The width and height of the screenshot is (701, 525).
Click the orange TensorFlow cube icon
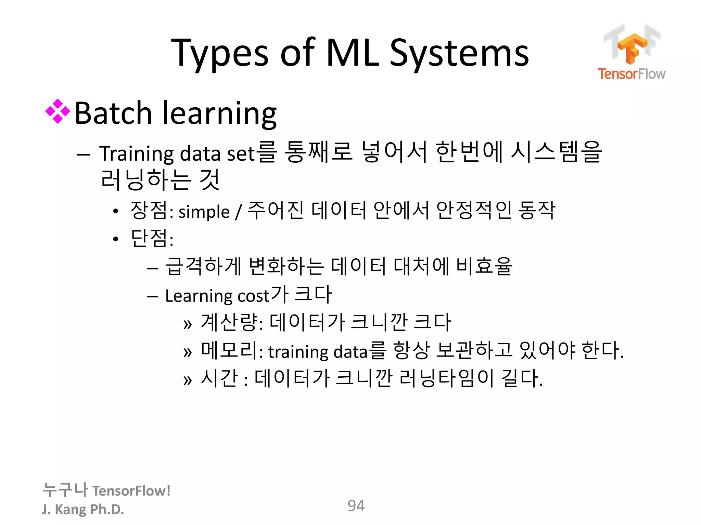(632, 48)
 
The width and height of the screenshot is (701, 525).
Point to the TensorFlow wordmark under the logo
(632, 74)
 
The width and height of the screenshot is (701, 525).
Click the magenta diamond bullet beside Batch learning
(58, 111)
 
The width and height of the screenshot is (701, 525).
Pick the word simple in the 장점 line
(204, 212)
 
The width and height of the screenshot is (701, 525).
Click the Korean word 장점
(149, 210)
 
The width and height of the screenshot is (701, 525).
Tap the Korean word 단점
(149, 238)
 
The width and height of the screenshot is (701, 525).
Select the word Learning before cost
(199, 296)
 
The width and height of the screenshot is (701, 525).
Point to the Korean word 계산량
(229, 322)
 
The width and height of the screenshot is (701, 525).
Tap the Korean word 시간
(219, 378)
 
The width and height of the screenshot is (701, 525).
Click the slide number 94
(356, 506)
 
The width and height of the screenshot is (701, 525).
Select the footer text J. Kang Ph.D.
(83, 509)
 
